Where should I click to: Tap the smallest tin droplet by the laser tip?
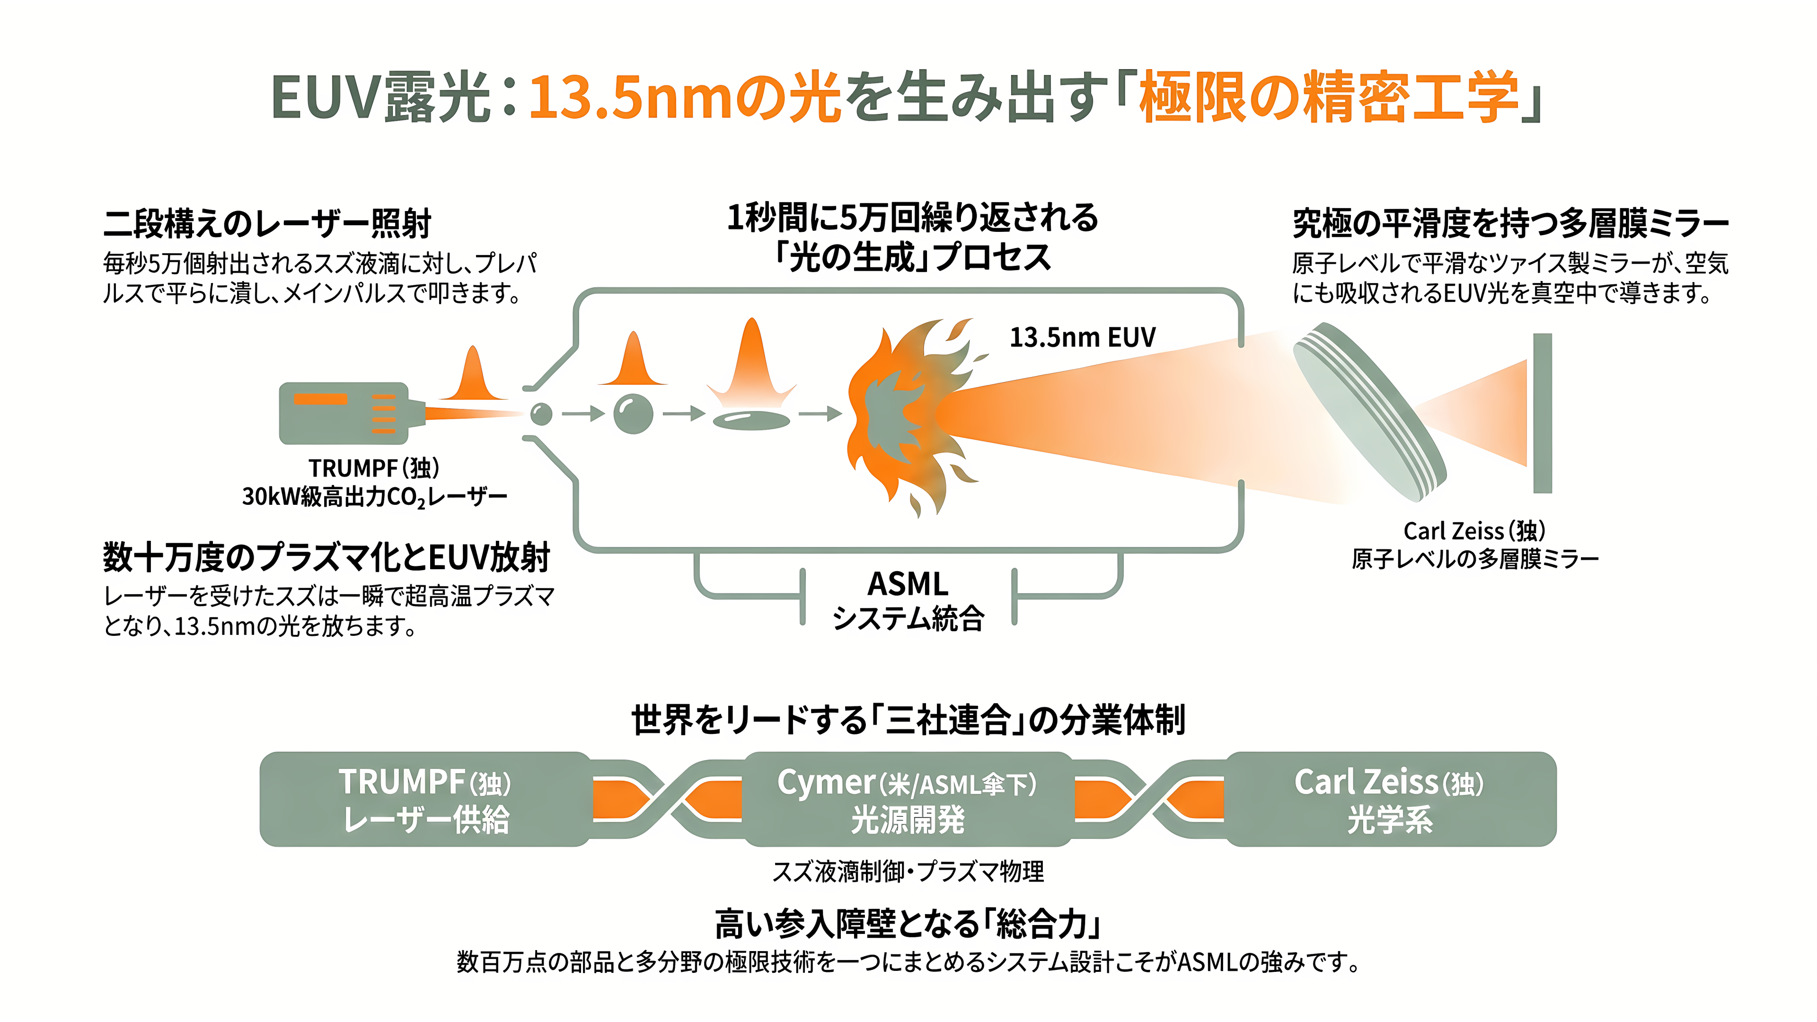(541, 414)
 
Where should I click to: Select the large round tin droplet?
(633, 414)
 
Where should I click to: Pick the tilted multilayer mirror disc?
(1368, 412)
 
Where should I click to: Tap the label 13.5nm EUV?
(1083, 337)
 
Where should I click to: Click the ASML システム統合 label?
(908, 600)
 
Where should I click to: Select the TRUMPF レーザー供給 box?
(425, 799)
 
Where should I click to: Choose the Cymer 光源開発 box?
(908, 799)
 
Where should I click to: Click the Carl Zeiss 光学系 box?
(1390, 799)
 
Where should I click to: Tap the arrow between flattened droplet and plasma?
(820, 414)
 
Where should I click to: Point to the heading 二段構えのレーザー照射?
(267, 224)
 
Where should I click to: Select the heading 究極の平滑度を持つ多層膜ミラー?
(1510, 224)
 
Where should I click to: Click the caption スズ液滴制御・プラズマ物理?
(908, 872)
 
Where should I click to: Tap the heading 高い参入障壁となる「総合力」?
(908, 923)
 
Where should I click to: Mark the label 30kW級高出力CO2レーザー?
(375, 497)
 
